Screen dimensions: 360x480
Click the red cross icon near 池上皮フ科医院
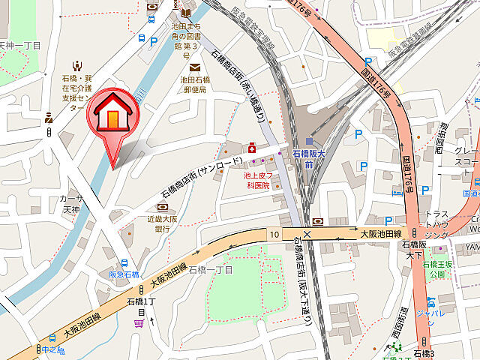click(252, 148)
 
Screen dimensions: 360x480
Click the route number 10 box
click(274, 235)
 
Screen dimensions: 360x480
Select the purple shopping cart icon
click(139, 323)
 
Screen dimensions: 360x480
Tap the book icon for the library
click(185, 11)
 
